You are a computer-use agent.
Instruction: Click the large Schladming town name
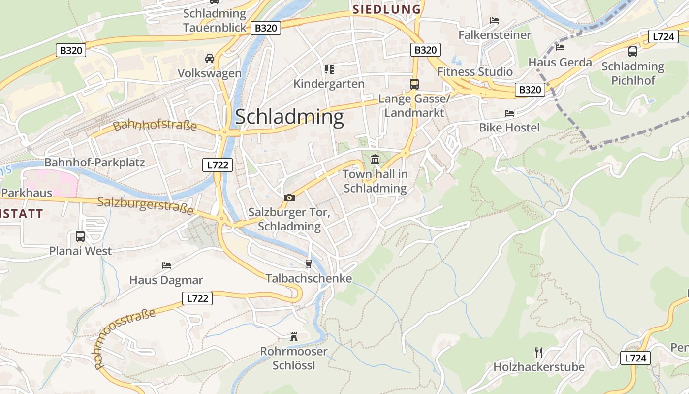point(289,117)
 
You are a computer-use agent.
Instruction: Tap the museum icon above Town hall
point(375,159)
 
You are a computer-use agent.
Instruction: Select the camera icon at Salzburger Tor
point(289,197)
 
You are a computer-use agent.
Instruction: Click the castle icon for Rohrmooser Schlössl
point(294,337)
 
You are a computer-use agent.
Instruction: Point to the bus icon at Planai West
point(80,236)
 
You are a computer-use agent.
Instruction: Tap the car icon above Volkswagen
point(210,59)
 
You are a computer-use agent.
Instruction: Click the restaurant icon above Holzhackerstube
point(539,352)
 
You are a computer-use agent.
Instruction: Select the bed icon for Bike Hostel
point(509,113)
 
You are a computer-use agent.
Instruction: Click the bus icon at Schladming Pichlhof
point(633,51)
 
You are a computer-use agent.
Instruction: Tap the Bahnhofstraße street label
point(155,126)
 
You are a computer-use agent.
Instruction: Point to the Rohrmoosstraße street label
point(125,338)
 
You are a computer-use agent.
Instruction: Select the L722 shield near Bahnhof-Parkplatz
point(218,165)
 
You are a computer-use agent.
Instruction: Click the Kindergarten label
point(329,84)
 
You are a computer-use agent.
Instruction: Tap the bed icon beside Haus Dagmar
point(166,265)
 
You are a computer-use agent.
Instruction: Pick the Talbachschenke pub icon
point(309,264)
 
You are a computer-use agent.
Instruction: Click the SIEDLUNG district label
point(387,9)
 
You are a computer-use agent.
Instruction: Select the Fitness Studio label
point(475,72)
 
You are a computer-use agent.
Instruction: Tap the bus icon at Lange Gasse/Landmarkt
point(414,84)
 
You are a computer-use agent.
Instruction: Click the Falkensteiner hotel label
point(495,35)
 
